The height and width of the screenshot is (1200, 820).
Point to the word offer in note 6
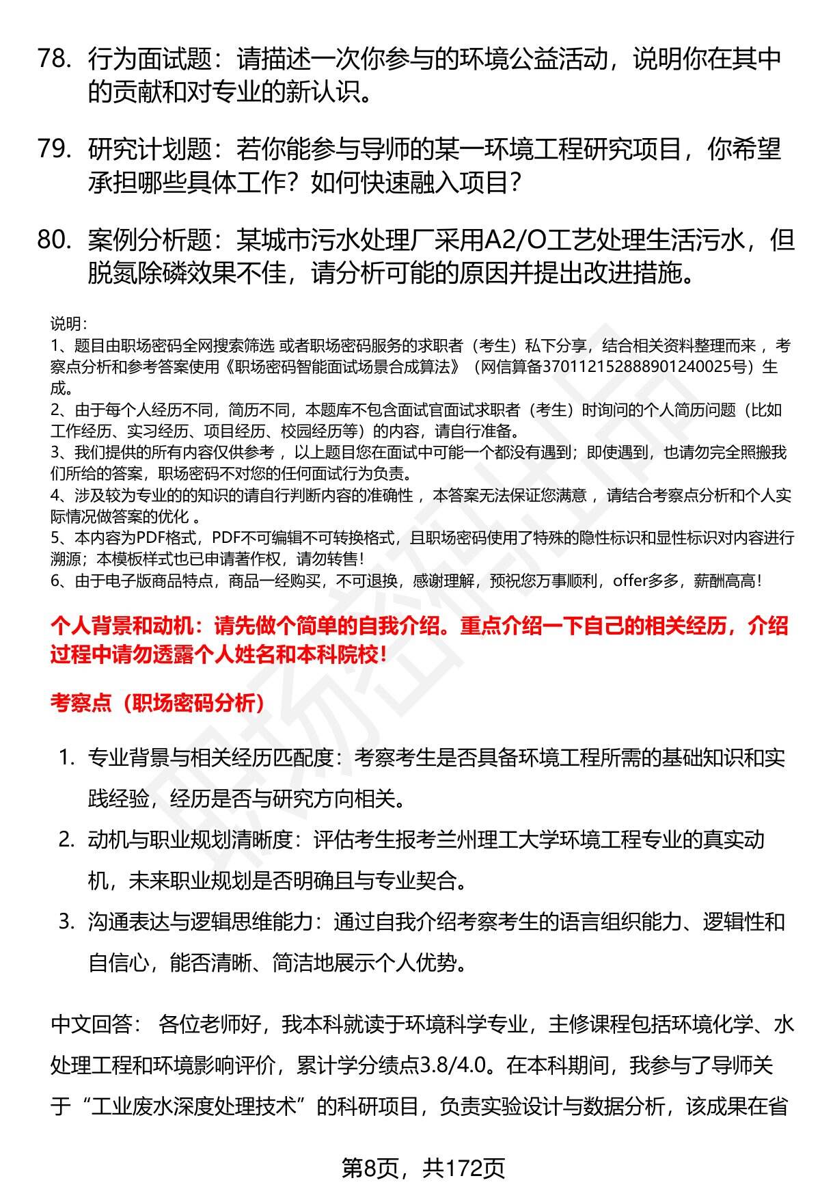click(630, 581)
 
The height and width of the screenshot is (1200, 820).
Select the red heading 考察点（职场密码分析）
click(158, 703)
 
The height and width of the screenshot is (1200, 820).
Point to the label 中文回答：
click(96, 1024)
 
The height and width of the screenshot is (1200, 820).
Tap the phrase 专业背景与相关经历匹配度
click(210, 758)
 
